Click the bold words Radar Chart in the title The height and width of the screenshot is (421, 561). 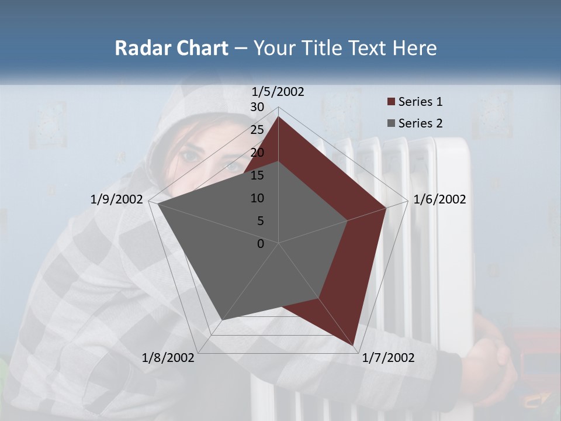pos(171,48)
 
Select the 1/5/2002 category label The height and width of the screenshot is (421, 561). pos(278,92)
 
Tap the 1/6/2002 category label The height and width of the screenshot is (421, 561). pos(439,199)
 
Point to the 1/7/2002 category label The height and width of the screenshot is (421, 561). pos(388,358)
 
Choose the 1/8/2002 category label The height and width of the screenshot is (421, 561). pos(168,358)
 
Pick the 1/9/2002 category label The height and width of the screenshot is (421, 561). pos(117,199)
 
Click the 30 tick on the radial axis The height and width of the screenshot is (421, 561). pos(257,107)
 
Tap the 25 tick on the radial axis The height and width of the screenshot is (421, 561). pos(257,130)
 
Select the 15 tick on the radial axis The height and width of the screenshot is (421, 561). pos(257,175)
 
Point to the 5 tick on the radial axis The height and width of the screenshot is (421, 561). pos(260,221)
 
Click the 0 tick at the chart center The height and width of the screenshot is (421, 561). pos(261,243)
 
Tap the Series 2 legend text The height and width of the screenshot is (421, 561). pos(420,123)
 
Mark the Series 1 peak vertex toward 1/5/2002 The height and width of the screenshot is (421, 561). pos(279,117)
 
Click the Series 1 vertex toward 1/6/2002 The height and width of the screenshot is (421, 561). pos(386,208)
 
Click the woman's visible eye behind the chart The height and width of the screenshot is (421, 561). pos(191,156)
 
